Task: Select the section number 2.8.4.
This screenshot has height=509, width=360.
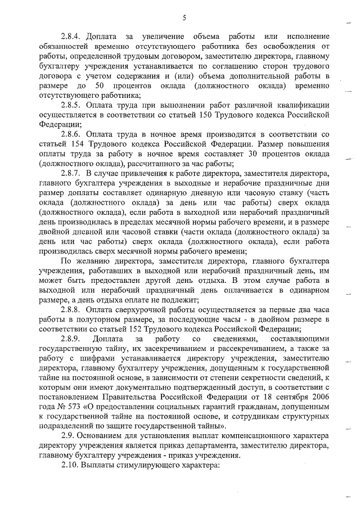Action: pos(73,37)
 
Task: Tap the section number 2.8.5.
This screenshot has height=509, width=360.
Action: pos(73,105)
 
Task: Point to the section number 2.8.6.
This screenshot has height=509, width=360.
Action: pos(73,134)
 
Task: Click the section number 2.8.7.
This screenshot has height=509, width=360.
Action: pos(73,174)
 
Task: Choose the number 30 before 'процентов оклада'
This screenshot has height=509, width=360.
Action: pos(254,154)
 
